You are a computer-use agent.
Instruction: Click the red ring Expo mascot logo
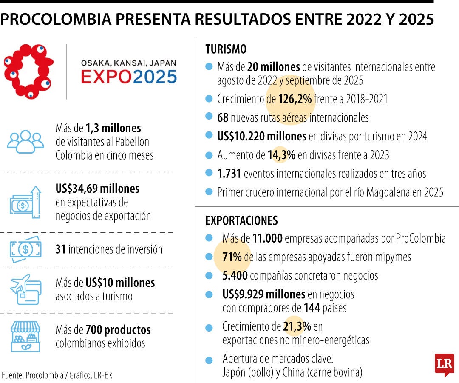coord(28,71)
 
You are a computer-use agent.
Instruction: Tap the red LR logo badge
coord(444,365)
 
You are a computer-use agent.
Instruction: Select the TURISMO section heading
coord(226,49)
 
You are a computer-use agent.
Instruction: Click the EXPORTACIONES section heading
coord(241,220)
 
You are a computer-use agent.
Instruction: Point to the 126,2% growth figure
coord(295,99)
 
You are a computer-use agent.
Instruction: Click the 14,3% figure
coord(281,155)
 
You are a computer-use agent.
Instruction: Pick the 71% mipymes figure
coord(232,257)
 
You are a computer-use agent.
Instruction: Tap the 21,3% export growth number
coord(297,326)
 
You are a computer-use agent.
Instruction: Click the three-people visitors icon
coord(25,141)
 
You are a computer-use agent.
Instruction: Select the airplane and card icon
coord(25,289)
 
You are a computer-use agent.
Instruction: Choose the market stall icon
coord(25,336)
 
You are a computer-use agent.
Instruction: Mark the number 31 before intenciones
coord(60,249)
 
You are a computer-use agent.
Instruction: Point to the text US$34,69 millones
coord(97,188)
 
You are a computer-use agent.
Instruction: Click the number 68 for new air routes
coord(223,117)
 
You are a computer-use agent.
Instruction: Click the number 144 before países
coord(312,308)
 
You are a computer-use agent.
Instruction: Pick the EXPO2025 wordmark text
coord(129,77)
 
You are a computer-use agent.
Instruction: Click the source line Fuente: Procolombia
coord(57,375)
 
